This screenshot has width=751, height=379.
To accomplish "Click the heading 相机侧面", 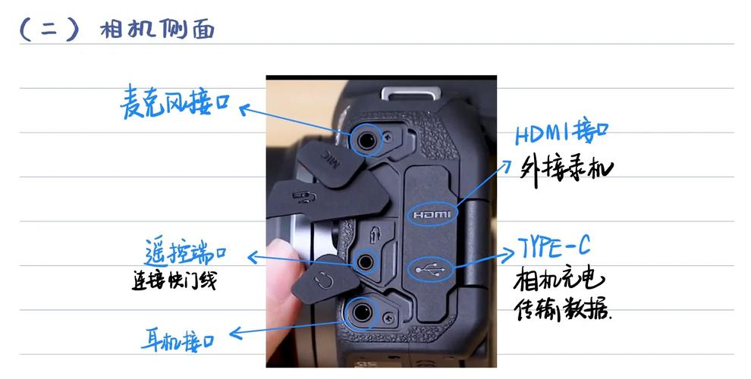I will click(157, 29).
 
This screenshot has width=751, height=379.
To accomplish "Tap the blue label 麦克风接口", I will click(174, 104).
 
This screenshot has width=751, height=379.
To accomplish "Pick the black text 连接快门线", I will click(174, 280).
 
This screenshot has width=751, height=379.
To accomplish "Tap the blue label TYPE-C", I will click(555, 247).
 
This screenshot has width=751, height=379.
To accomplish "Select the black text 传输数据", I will click(563, 310).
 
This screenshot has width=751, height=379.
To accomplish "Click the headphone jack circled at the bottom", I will click(359, 311).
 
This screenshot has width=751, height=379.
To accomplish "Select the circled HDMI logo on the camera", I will click(432, 215).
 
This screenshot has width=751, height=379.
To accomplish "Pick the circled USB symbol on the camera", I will click(430, 268).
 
